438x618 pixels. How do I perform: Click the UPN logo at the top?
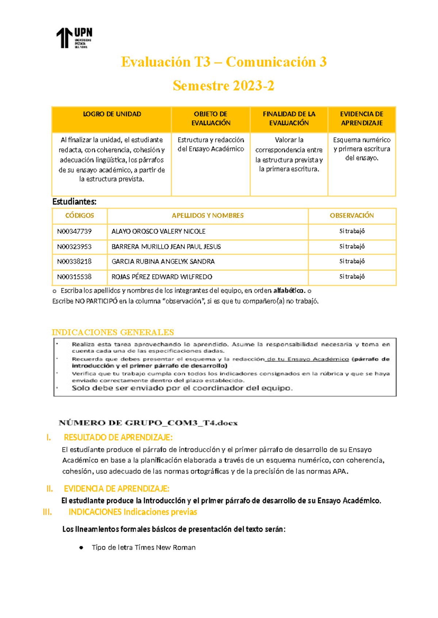pos(74,38)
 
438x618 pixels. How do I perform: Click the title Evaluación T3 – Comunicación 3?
pos(223,62)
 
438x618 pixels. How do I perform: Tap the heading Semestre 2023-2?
pos(223,86)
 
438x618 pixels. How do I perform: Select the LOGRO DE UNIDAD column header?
pos(112,114)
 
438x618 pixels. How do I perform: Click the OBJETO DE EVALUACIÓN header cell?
pos(211,119)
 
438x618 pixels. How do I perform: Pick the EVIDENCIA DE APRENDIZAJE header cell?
pos(361,119)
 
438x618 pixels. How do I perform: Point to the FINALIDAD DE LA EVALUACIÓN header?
pos(289,119)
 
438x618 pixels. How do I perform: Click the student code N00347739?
pos(74,232)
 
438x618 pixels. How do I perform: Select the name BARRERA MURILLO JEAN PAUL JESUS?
pos(166,247)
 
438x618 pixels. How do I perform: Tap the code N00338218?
pos(74,262)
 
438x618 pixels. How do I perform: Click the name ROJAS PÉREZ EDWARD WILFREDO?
pos(162,277)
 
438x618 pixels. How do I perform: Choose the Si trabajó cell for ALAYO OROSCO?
pos(352,231)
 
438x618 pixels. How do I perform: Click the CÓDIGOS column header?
pos(80,216)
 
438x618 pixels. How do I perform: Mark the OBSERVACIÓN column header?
pos(352,216)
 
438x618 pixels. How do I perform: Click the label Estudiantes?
pos(74,202)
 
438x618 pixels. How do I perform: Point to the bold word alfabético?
pos(289,291)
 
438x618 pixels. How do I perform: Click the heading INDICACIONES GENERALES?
pos(113,332)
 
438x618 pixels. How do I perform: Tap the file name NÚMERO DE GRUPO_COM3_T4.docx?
pos(148,423)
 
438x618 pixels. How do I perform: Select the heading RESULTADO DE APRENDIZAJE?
pos(118,437)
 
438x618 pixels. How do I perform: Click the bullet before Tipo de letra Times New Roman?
pos(81,548)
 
